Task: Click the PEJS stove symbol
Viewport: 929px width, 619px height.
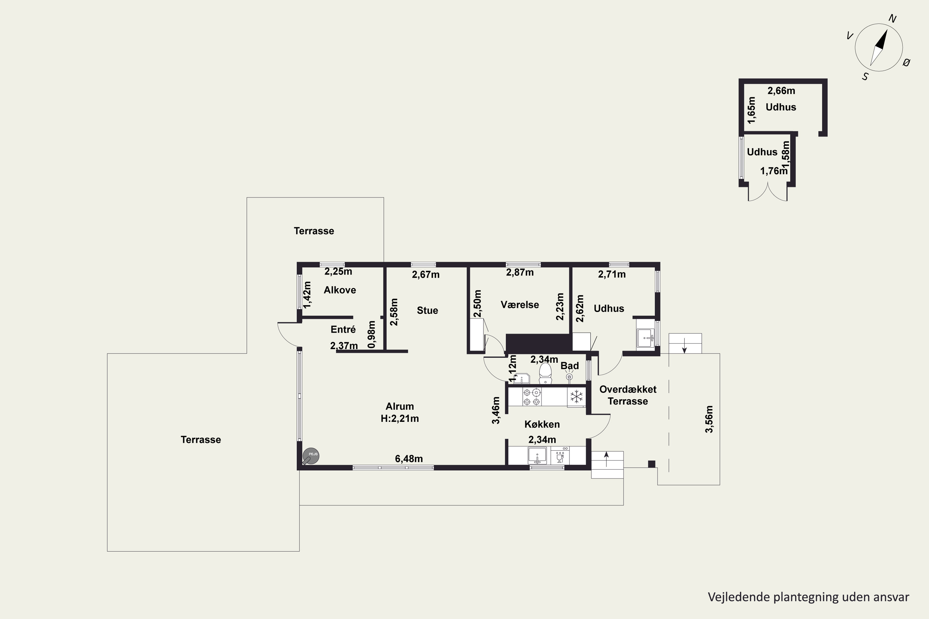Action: click(x=311, y=456)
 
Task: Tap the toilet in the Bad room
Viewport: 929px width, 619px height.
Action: click(x=545, y=373)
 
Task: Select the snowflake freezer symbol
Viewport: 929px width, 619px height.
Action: click(x=577, y=396)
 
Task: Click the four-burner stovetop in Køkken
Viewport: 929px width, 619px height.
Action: click(x=532, y=397)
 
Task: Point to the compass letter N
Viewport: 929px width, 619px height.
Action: click(x=892, y=19)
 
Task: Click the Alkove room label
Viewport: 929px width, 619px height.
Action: click(x=340, y=290)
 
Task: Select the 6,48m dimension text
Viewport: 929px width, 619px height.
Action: click(x=409, y=459)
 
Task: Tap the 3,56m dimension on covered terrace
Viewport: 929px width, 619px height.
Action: click(x=709, y=419)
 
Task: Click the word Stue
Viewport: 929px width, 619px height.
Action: click(x=427, y=310)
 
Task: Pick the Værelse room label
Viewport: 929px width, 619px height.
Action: click(x=520, y=305)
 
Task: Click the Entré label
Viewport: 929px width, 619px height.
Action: click(x=343, y=329)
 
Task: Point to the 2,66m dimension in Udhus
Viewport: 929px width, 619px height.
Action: click(x=781, y=91)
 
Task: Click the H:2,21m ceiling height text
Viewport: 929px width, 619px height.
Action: click(x=400, y=418)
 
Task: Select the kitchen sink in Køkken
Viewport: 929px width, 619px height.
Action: click(x=538, y=456)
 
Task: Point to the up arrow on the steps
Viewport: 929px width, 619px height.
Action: click(x=607, y=460)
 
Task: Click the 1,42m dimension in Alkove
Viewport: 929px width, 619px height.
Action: click(x=307, y=295)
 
